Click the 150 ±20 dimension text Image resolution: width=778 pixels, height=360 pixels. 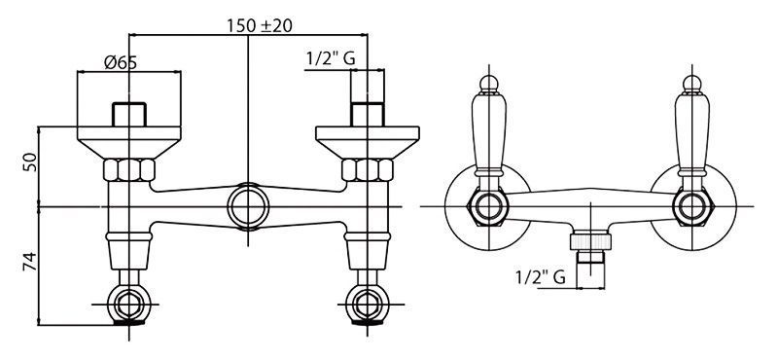(x=260, y=25)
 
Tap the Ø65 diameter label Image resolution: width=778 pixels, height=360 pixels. (x=121, y=62)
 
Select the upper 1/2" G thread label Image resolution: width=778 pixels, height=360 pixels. (x=331, y=59)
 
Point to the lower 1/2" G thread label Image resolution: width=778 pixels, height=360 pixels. (x=541, y=277)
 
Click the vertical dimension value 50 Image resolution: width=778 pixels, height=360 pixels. (x=31, y=162)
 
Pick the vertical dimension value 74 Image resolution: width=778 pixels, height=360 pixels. (x=30, y=261)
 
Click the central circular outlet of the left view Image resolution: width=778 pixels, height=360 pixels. (x=248, y=206)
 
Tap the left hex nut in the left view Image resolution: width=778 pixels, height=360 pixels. (x=129, y=170)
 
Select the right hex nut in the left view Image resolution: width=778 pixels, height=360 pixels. (x=368, y=170)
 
